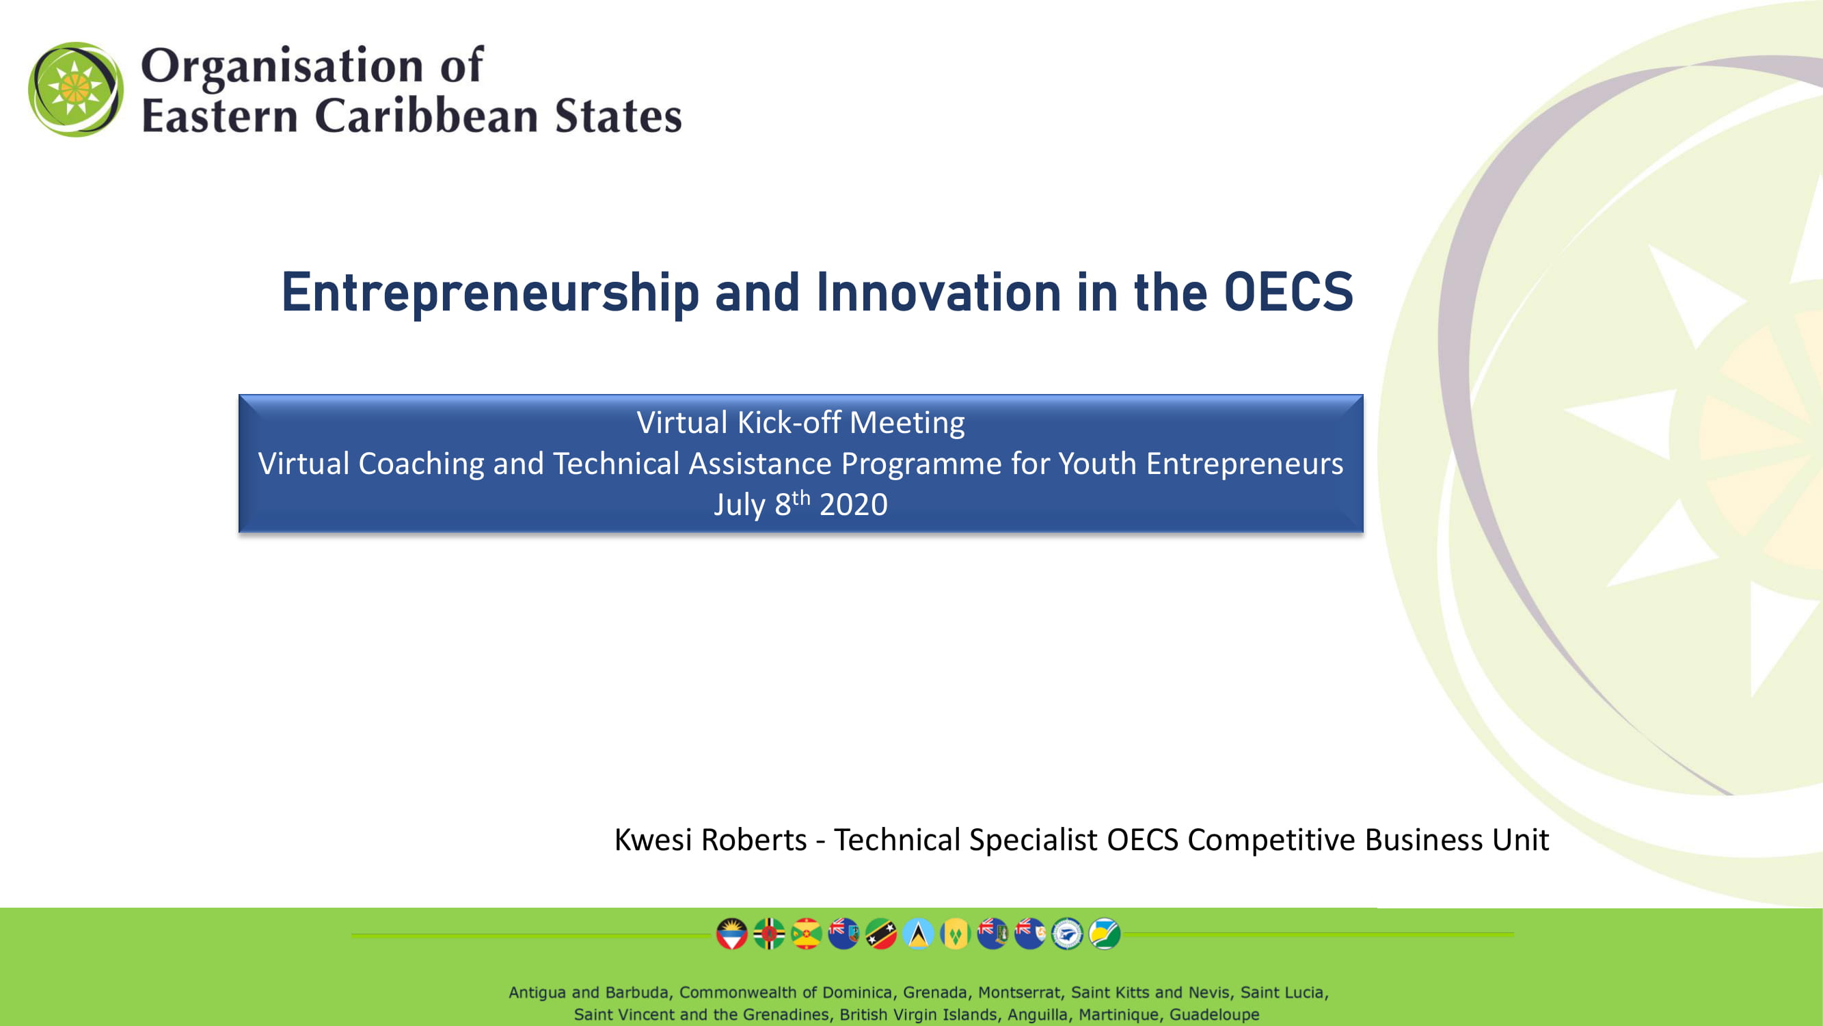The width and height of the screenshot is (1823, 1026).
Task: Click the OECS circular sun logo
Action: click(76, 89)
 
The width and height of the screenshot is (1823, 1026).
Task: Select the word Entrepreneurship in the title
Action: click(490, 293)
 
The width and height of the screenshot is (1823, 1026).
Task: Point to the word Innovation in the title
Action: click(938, 292)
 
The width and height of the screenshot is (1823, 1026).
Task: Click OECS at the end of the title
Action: click(1288, 292)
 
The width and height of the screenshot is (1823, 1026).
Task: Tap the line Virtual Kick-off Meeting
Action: click(800, 422)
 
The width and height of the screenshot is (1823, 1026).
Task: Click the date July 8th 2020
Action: click(800, 503)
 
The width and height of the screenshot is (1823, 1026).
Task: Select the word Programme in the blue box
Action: click(921, 464)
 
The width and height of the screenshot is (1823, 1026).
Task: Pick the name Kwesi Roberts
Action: click(710, 839)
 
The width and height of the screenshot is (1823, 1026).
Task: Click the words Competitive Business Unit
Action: click(1368, 840)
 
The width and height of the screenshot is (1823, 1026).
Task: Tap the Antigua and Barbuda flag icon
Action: click(732, 934)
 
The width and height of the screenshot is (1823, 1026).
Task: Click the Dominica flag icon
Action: click(769, 934)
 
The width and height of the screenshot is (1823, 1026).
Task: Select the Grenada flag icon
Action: click(806, 934)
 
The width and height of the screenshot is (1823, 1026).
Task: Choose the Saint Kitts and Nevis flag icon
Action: click(881, 934)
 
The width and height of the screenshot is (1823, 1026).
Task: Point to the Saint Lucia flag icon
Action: click(919, 934)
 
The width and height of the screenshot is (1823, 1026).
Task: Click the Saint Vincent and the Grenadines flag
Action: click(956, 934)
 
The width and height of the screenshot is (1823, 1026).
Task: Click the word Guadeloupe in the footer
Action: click(1215, 1014)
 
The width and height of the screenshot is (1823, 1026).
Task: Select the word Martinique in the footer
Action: click(1119, 1014)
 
